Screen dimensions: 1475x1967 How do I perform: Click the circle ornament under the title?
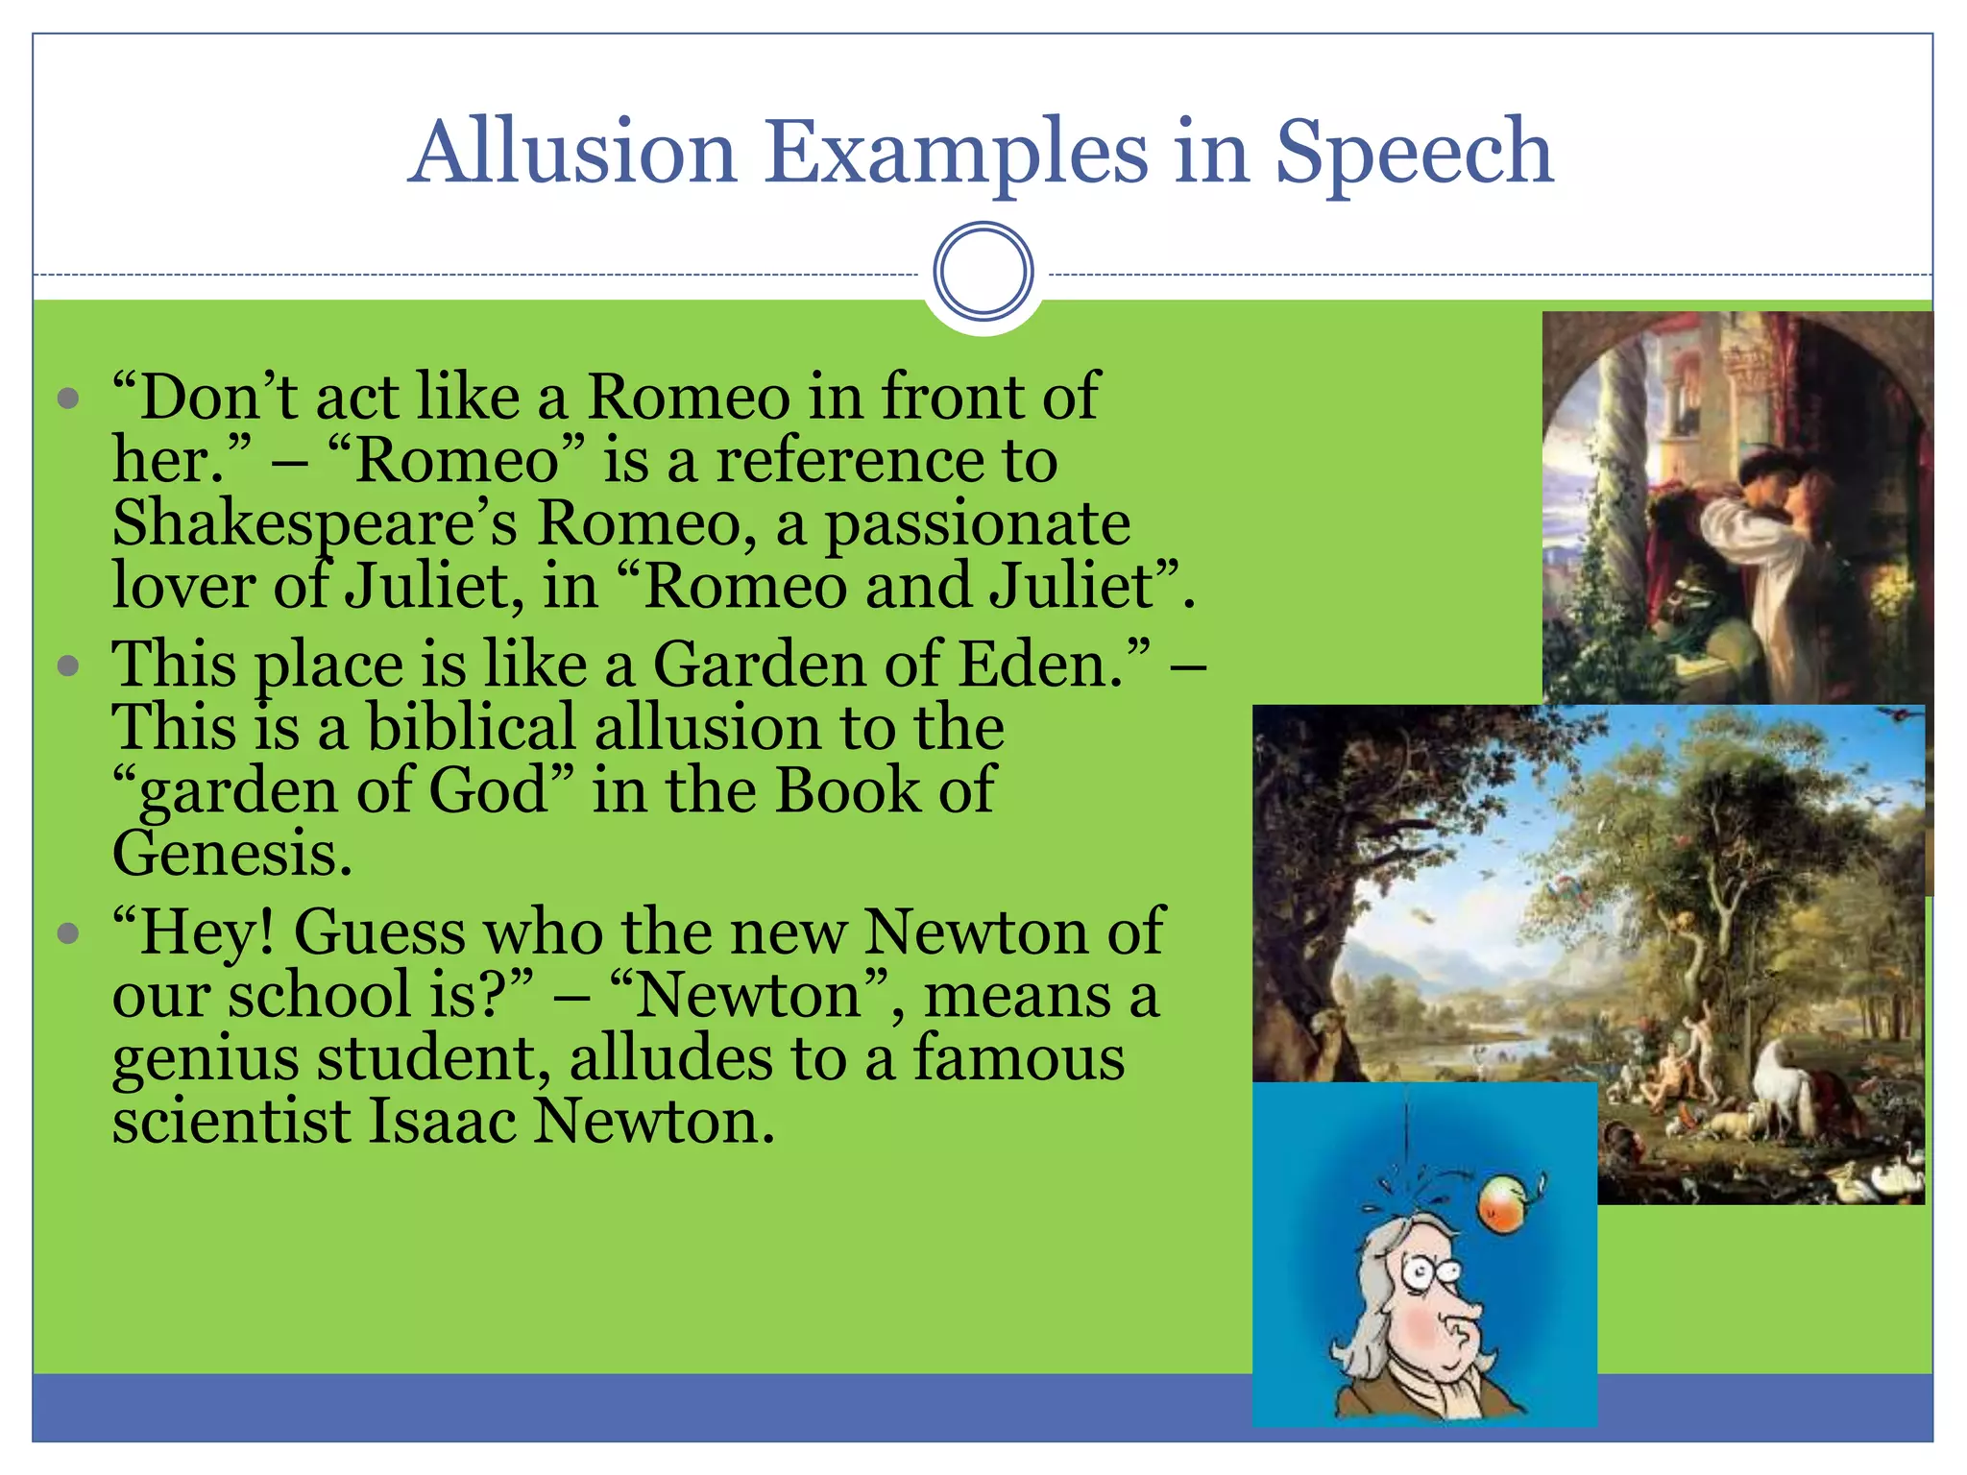tap(983, 271)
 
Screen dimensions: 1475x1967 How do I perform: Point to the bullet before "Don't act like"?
tap(67, 398)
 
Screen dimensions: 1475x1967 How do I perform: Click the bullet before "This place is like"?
tap(67, 665)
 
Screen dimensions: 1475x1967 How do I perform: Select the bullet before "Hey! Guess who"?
tap(67, 932)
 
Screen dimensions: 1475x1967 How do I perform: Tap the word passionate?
tap(977, 524)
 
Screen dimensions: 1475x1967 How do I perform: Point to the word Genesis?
tap(231, 854)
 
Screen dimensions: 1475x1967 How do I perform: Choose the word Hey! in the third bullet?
tap(193, 932)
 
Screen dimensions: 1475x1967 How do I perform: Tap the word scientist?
tap(231, 1121)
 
